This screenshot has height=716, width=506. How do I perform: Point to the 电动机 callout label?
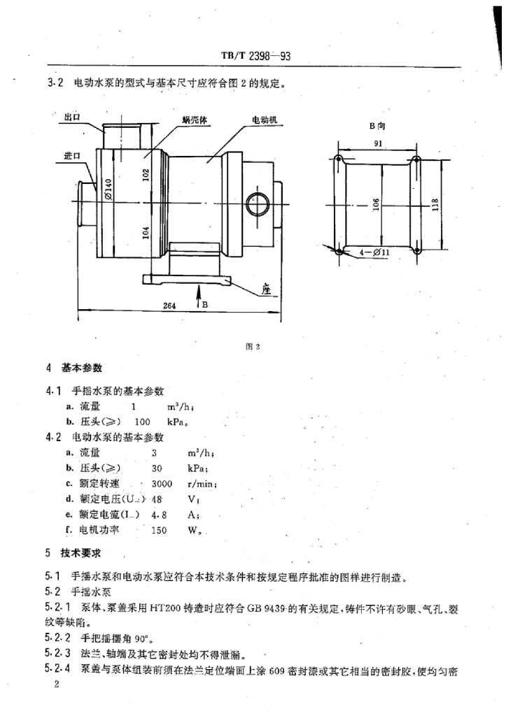click(x=265, y=120)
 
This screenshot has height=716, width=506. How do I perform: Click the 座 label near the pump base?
click(x=266, y=287)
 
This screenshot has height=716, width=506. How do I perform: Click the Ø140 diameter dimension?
click(x=109, y=188)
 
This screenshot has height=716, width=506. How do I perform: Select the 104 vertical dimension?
click(x=146, y=233)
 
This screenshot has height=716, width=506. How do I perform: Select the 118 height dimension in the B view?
click(x=435, y=205)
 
